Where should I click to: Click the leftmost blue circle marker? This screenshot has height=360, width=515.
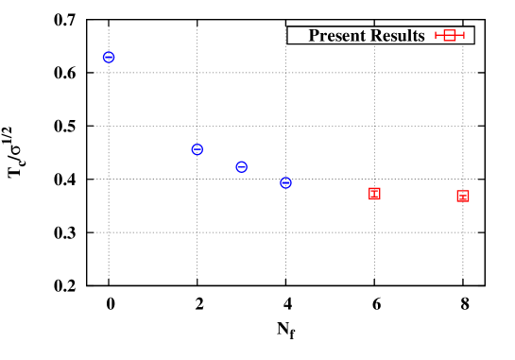[x=109, y=58]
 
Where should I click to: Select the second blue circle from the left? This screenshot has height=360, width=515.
[x=197, y=149]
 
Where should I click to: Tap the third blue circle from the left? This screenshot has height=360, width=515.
[x=241, y=167]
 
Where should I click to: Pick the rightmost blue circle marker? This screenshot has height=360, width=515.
[x=285, y=182]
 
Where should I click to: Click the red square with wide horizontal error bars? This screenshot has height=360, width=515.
[x=450, y=35]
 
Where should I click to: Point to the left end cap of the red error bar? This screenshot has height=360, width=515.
[x=436, y=35]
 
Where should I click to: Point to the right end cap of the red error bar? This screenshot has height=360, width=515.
[x=464, y=35]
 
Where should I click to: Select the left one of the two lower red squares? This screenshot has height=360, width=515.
[x=374, y=194]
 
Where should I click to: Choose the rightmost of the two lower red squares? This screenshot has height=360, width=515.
[x=463, y=197]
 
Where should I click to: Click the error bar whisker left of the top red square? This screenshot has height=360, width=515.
[x=439, y=35]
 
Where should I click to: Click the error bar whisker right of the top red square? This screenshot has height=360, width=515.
[x=460, y=35]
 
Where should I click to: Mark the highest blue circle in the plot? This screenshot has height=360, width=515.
[x=109, y=58]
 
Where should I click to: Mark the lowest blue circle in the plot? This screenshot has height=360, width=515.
[x=285, y=182]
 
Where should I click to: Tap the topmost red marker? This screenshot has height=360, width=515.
[x=450, y=35]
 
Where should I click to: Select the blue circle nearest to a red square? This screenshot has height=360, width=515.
[x=285, y=182]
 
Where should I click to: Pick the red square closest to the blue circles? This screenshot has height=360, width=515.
[x=374, y=194]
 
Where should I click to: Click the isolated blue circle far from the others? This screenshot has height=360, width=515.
[x=109, y=58]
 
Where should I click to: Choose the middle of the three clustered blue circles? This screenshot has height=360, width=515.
[x=241, y=167]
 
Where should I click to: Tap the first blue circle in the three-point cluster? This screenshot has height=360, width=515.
[x=197, y=149]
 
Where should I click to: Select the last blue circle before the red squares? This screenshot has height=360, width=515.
[x=285, y=182]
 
